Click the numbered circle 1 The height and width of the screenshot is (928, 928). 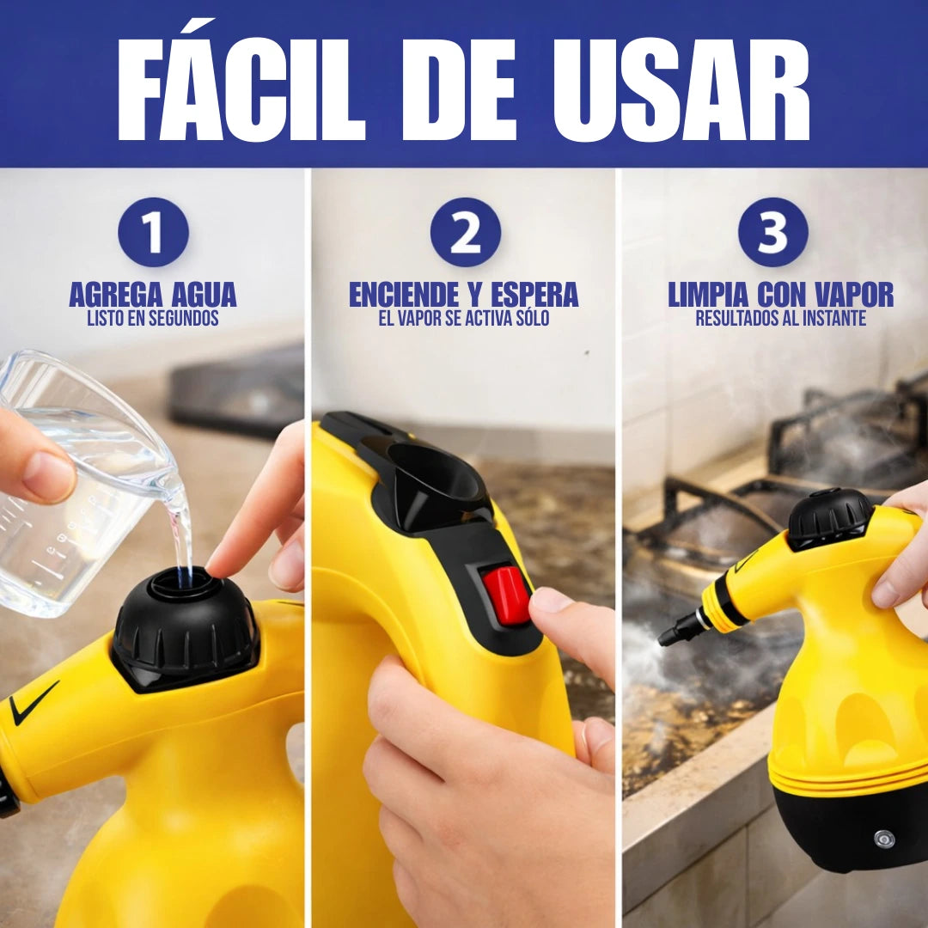(153, 232)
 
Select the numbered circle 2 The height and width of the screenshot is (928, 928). (465, 232)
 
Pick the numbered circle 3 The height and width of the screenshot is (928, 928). (772, 232)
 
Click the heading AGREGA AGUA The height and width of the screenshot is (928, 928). (153, 295)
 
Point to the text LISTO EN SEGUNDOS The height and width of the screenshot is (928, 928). (153, 319)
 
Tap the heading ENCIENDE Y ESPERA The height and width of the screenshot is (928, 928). (463, 295)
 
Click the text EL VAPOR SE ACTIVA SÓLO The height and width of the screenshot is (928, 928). (463, 319)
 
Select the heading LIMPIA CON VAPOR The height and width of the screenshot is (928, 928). (780, 295)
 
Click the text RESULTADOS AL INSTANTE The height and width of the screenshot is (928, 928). (780, 319)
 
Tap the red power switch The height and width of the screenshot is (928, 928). (506, 595)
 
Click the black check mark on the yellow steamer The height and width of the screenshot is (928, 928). (34, 702)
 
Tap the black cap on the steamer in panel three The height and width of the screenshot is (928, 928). (829, 517)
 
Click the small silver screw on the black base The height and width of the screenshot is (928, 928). (883, 839)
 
